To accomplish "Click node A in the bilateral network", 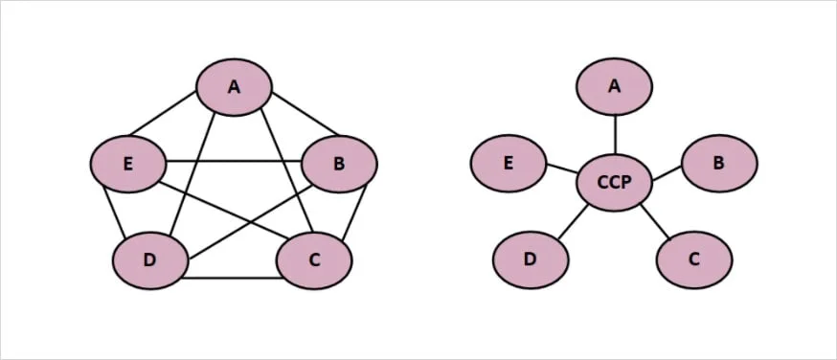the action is click(234, 87).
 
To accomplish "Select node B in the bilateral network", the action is click(340, 164).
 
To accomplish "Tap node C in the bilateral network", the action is click(314, 260).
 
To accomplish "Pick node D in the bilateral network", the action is click(150, 260).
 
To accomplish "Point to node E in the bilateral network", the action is click(128, 164).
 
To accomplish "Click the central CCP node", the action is click(615, 183).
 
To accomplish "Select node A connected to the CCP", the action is click(615, 86).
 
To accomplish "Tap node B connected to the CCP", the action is click(719, 163).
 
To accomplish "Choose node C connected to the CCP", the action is click(694, 259).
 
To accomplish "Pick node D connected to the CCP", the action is click(531, 259).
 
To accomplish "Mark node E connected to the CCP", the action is click(509, 163).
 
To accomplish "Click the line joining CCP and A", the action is click(615, 134).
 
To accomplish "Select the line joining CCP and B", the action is click(667, 172).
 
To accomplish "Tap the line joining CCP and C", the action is click(654, 221).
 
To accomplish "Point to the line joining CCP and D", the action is click(573, 221).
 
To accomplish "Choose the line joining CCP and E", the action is click(561, 168).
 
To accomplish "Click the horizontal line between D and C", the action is click(232, 278).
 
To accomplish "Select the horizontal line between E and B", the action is click(234, 161).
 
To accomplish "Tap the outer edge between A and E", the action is click(163, 113).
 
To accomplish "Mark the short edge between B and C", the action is click(354, 213).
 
